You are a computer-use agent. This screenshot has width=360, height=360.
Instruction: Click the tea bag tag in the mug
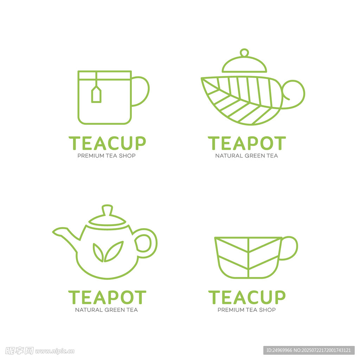tap(96, 94)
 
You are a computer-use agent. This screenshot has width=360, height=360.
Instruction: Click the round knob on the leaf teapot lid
tap(244, 53)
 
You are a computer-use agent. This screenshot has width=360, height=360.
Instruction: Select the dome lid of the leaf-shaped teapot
tap(244, 64)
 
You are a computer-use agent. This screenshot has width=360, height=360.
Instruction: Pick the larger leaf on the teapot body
tap(114, 251)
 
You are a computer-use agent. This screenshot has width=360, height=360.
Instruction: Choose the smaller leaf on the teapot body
tap(98, 252)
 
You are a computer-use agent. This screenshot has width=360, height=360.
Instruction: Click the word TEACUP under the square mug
tap(107, 143)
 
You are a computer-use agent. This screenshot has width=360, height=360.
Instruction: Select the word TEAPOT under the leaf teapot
tap(247, 143)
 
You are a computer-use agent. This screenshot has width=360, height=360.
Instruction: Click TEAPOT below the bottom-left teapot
tap(107, 297)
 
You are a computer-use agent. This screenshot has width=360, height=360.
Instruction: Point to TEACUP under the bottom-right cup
tap(247, 297)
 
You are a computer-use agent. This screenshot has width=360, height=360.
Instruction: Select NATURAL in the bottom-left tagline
tap(89, 310)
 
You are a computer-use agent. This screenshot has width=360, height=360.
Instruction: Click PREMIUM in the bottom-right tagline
tap(231, 310)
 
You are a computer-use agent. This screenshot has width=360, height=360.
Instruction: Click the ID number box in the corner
tap(309, 351)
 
